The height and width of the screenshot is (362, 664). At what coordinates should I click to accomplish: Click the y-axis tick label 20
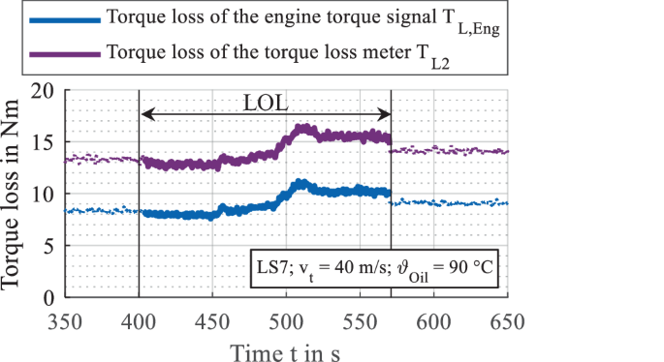[44, 91]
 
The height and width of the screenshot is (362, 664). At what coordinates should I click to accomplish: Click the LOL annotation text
[268, 102]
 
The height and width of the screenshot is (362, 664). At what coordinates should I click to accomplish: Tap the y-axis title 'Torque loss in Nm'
[15, 194]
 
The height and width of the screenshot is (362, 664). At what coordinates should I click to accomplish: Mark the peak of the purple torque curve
[301, 127]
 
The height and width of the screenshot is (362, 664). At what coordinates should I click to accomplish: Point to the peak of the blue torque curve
[301, 182]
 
